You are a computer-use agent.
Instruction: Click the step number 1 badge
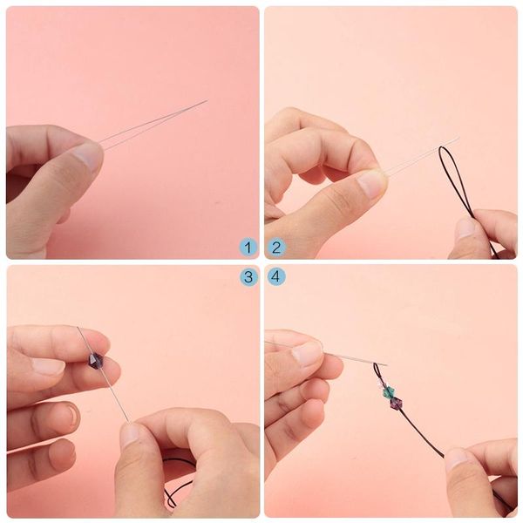click(x=248, y=248)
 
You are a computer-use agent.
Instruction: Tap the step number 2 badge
click(x=276, y=248)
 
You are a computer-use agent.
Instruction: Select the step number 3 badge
click(x=248, y=276)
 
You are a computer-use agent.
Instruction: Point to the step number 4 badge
click(x=276, y=276)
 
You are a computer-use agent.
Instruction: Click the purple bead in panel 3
click(x=97, y=361)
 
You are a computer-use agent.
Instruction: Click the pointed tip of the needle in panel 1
click(x=207, y=100)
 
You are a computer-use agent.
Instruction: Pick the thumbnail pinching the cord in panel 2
click(x=466, y=228)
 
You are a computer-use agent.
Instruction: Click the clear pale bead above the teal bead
click(x=381, y=384)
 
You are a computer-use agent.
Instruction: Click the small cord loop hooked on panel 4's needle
click(x=377, y=370)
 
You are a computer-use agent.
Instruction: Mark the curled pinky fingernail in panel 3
click(x=71, y=415)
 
